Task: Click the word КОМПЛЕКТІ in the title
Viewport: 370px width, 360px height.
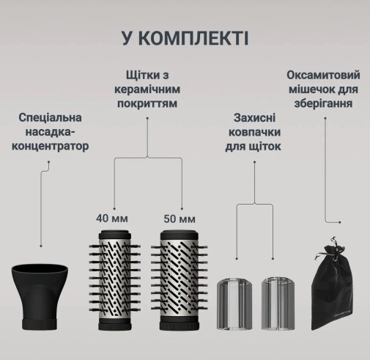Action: click(194, 38)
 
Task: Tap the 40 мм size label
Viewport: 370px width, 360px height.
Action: click(112, 218)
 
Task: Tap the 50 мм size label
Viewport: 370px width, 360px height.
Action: click(180, 218)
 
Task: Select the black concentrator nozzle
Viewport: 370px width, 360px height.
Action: click(40, 297)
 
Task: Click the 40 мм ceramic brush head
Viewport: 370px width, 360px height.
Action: click(115, 280)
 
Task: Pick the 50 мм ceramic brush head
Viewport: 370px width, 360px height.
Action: click(180, 280)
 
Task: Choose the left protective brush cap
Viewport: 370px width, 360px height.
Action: click(234, 303)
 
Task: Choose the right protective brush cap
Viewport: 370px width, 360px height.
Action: click(278, 303)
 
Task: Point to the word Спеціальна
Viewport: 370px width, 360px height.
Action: click(50, 117)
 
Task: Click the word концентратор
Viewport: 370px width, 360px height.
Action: click(51, 146)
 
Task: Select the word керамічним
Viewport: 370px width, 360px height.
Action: click(147, 89)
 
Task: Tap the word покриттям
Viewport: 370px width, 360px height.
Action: click(147, 103)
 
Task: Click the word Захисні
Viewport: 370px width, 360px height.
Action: click(254, 118)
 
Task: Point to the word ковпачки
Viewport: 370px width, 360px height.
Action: click(254, 132)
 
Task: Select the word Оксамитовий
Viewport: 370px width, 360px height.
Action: click(323, 75)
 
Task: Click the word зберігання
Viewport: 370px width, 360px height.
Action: click(323, 103)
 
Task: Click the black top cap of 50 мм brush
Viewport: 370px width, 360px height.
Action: click(180, 235)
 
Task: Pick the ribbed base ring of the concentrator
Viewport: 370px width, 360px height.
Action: click(40, 324)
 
